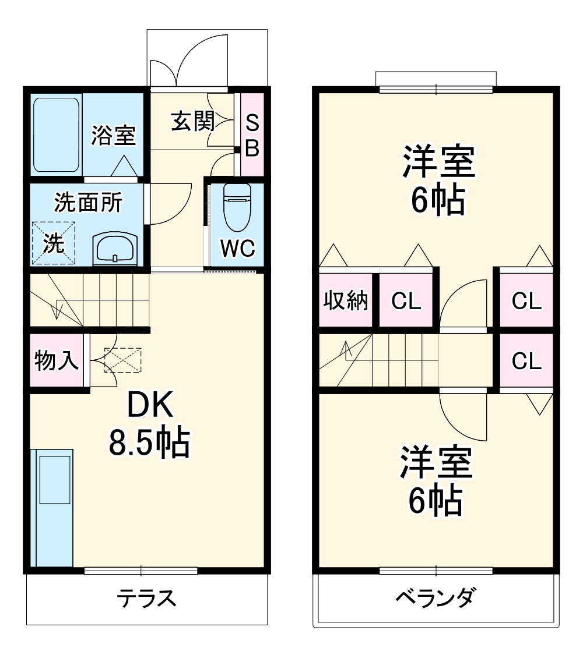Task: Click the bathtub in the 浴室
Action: point(56,134)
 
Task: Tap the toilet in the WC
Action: point(237,207)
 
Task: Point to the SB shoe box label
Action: point(251,136)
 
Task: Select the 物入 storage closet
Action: point(57,361)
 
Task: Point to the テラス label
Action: point(146,599)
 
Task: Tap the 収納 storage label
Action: point(346,301)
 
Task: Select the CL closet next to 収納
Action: point(406,301)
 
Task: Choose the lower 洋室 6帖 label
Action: point(436,481)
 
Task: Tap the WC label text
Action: point(237,249)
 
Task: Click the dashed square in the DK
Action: point(123,360)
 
